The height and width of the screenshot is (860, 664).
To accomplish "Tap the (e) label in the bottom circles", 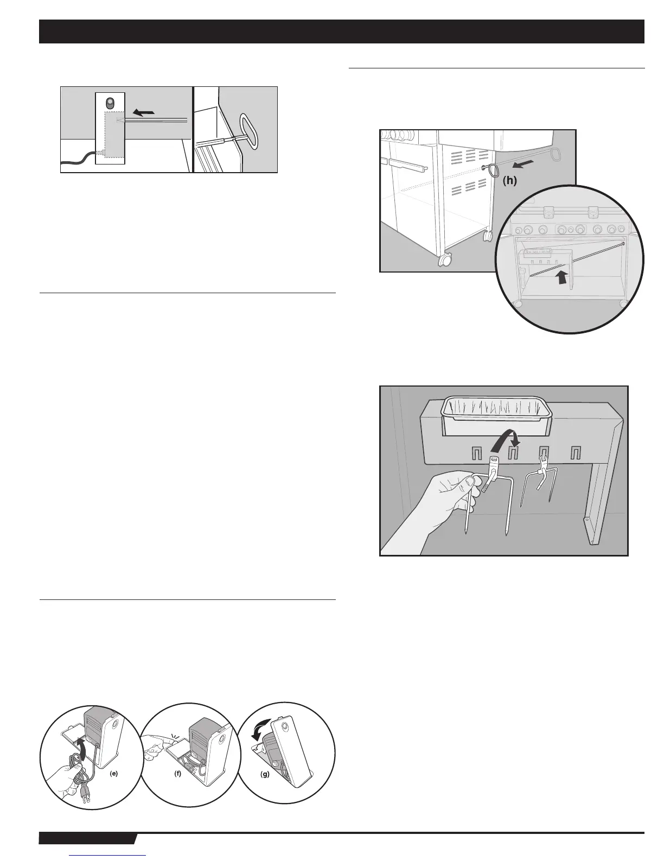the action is coord(113,774).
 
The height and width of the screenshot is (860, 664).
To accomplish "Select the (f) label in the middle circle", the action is coord(177,774).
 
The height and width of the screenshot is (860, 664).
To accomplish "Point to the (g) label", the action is coord(265,774).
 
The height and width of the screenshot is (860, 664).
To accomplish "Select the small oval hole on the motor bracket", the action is coord(110,103).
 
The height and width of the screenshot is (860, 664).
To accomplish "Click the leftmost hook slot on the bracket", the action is coord(476,453).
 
